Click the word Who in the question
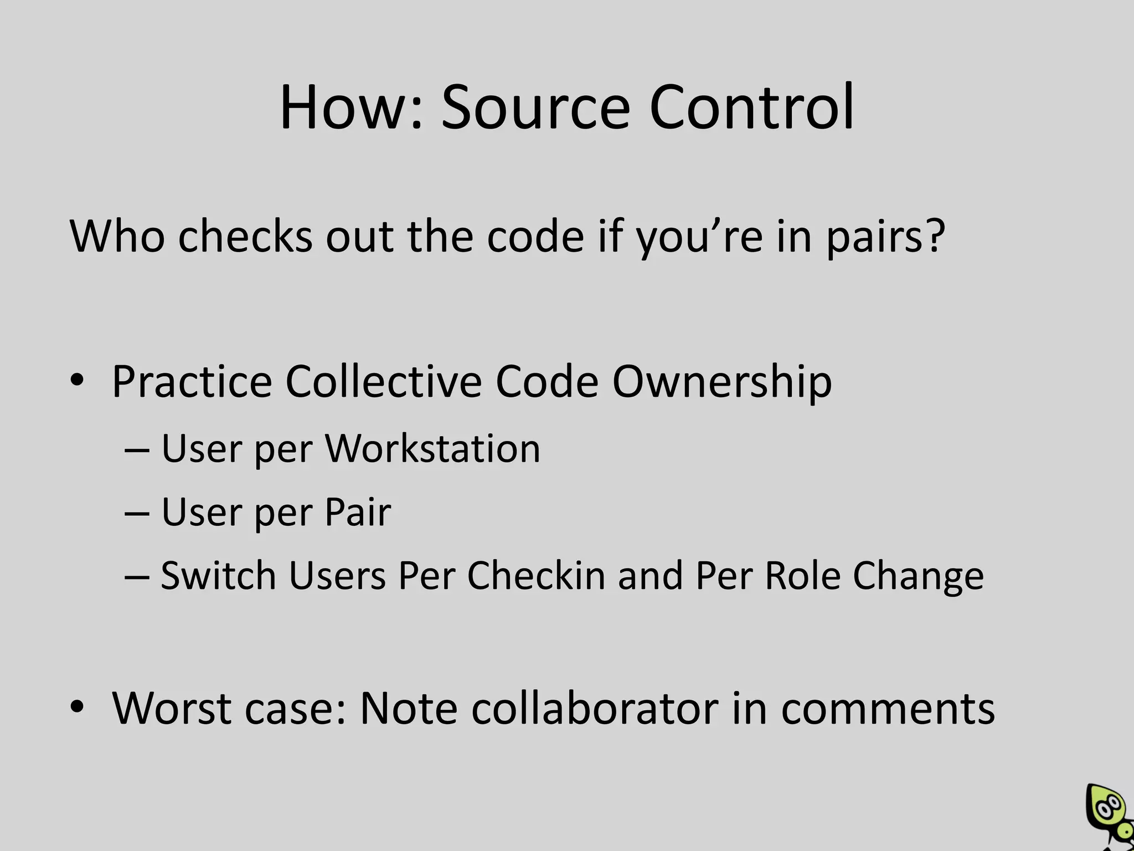pyautogui.click(x=117, y=237)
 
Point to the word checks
pyautogui.click(x=245, y=237)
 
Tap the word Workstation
pyautogui.click(x=432, y=448)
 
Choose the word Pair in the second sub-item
pyautogui.click(x=358, y=512)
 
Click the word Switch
pyautogui.click(x=218, y=576)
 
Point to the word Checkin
pyautogui.click(x=536, y=576)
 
